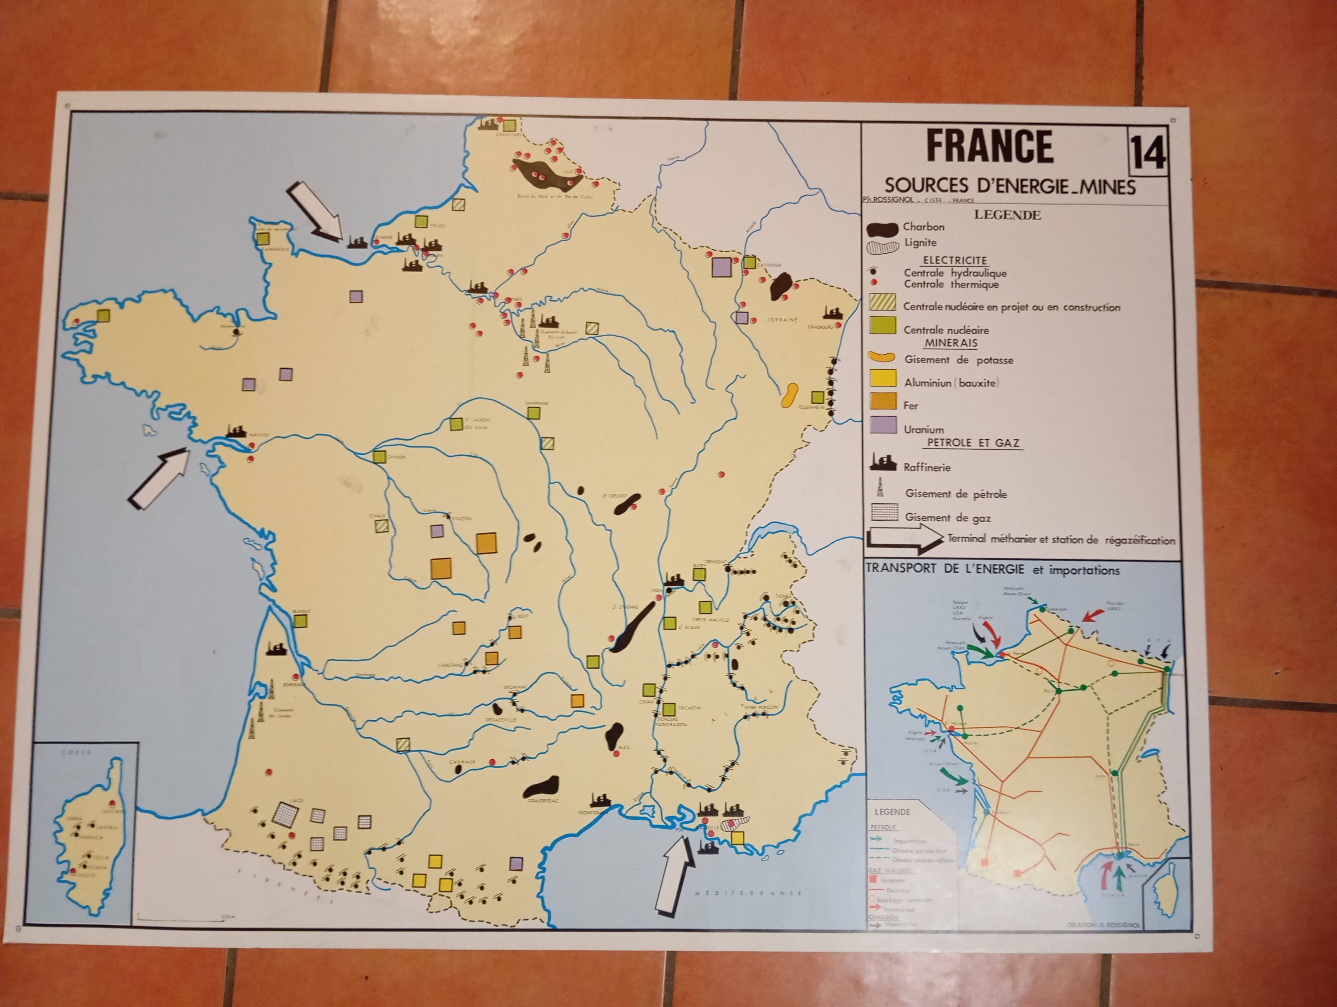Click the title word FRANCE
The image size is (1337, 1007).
989,146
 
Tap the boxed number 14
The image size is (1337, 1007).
1146,153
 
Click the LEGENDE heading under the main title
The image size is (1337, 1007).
1007,215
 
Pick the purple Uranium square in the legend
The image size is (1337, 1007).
882,425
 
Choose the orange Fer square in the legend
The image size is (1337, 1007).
882,401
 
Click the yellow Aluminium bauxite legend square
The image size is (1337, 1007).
882,378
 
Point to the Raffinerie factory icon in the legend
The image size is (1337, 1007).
882,463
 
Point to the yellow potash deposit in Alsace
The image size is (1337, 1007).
789,395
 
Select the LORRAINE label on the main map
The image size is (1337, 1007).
782,319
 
